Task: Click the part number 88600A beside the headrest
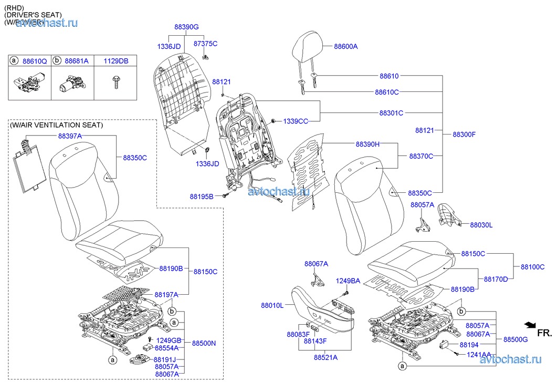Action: point(345,46)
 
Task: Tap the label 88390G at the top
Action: point(187,26)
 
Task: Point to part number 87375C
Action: point(205,43)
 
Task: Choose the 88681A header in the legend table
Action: point(77,61)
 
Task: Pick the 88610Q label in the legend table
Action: point(35,61)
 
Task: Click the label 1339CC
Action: point(296,121)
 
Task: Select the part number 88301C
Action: point(391,113)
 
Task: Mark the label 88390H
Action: point(367,144)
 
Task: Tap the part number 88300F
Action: point(464,134)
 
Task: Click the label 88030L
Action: point(481,224)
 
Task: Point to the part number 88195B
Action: point(202,197)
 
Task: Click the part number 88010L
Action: point(272,305)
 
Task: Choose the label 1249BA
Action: point(348,281)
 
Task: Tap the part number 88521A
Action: point(325,357)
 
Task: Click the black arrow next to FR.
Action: point(530,325)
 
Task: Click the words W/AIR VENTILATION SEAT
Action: point(57,126)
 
